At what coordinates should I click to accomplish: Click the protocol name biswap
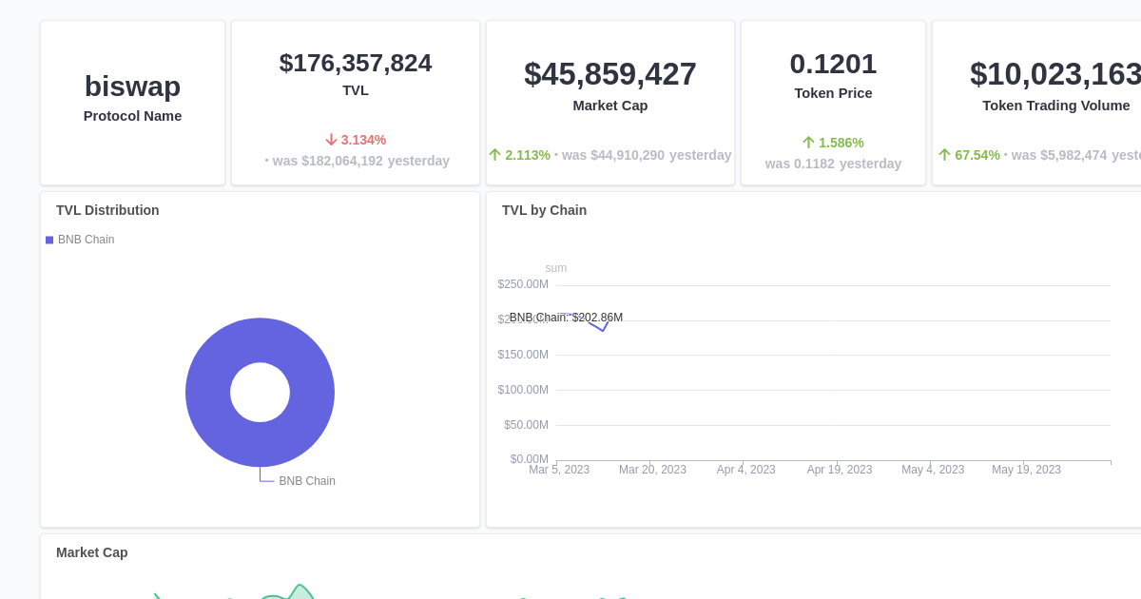point(132,87)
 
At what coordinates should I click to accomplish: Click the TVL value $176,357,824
point(355,63)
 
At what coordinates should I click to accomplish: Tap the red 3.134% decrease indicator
point(356,140)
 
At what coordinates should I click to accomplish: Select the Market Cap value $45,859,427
point(609,74)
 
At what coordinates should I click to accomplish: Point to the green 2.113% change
point(519,155)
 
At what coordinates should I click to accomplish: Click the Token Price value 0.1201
point(833,64)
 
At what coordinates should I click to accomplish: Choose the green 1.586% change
point(833,143)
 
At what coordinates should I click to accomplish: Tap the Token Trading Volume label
point(1055,106)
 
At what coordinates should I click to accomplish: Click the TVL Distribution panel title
point(107,210)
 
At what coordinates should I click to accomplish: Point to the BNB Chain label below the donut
point(306,481)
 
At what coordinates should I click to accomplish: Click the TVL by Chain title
point(544,210)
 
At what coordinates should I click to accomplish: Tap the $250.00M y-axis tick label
point(523,284)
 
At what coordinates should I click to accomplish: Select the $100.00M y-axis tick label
point(523,390)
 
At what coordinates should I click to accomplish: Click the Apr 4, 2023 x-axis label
point(745,470)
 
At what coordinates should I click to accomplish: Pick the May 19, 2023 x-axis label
point(1026,470)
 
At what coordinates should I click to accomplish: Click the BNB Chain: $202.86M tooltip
point(566,318)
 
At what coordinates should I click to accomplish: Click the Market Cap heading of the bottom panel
point(91,552)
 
